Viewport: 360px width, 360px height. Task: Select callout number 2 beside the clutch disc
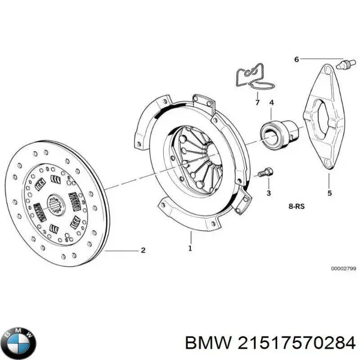pos(143,250)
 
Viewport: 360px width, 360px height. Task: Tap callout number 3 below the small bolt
pos(268,193)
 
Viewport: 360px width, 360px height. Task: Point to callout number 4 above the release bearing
pos(271,103)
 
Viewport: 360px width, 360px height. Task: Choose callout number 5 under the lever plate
pos(329,193)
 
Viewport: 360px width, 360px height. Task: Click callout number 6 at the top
pos(296,59)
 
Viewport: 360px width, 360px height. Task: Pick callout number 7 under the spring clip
pos(257,103)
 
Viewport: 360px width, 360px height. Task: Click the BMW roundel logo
pos(19,343)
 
